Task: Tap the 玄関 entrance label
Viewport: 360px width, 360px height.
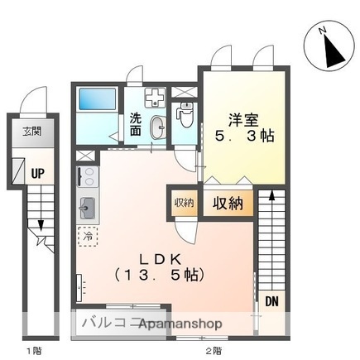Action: [x=31, y=132]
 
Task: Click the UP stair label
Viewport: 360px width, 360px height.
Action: [x=38, y=174]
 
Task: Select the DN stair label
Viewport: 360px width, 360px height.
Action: [x=271, y=301]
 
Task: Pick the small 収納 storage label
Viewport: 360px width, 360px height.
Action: [x=184, y=202]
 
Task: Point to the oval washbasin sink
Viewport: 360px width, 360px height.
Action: [x=157, y=126]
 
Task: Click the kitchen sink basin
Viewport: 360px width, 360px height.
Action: [x=87, y=207]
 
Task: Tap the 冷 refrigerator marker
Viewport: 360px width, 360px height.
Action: [x=87, y=237]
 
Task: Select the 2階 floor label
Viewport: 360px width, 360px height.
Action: [x=214, y=351]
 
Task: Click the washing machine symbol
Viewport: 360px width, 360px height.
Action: [x=154, y=97]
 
